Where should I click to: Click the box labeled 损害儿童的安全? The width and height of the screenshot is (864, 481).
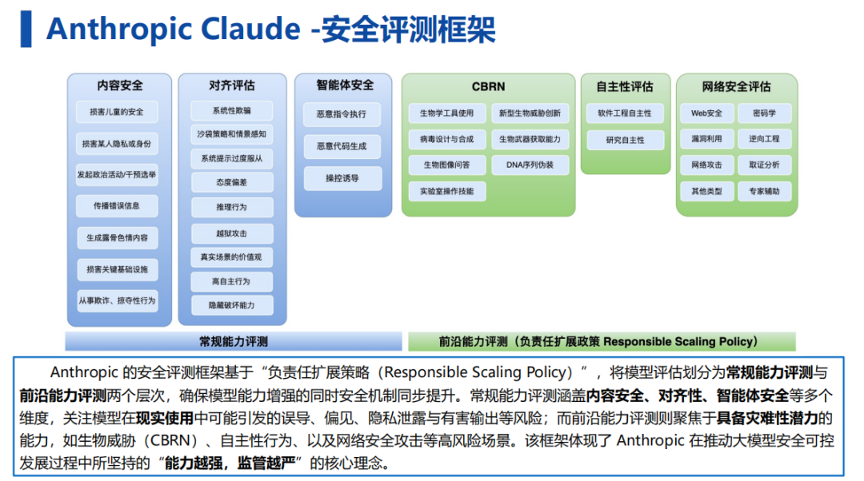pos(117,112)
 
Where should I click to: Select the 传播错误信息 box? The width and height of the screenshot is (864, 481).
pos(117,206)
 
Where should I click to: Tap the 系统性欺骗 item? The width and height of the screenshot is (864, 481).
pos(232,110)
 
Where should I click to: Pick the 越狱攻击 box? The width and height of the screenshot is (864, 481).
pos(232,233)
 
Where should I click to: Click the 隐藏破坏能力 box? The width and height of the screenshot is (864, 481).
pos(232,305)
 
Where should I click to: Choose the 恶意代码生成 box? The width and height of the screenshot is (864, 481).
pos(342,146)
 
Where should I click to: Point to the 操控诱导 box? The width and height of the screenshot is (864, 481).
pos(342,178)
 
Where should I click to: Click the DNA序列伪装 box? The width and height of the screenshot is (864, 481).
pos(530,165)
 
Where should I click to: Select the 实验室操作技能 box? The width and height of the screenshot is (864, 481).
pos(447,191)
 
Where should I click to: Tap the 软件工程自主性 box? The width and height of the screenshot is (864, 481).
pos(625,113)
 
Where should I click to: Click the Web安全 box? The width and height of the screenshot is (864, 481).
pos(707,113)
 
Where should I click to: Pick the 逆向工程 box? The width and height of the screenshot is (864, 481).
pos(764,139)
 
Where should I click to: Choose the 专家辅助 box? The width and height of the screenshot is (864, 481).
pos(764,191)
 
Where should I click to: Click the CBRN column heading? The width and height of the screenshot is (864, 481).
pos(488,86)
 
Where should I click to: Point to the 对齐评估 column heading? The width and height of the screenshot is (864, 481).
pos(232,85)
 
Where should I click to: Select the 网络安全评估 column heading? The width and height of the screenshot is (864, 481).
pos(737,86)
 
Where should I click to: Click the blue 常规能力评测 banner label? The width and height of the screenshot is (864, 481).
pos(234,342)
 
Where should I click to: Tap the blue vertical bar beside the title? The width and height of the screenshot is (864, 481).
pos(26,30)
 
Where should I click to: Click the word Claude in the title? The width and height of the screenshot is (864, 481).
pos(250,29)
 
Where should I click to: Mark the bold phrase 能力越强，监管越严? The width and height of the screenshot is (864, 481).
pos(230,463)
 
